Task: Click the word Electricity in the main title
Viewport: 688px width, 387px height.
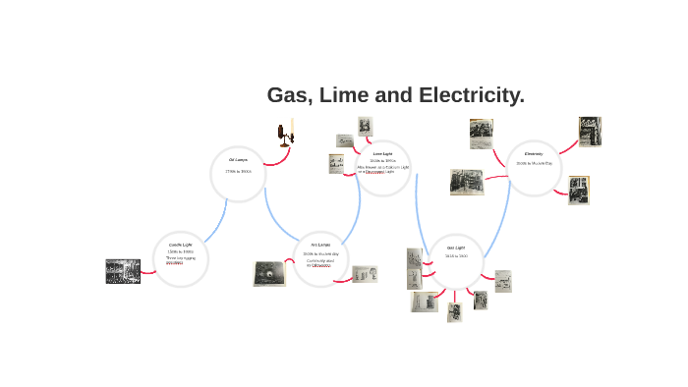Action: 471,95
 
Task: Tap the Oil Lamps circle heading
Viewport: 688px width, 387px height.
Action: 238,159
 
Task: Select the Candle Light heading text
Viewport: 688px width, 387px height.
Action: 181,244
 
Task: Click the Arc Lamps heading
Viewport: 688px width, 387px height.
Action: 320,244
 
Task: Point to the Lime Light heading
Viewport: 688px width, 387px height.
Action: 382,153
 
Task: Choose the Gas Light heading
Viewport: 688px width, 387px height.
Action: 456,248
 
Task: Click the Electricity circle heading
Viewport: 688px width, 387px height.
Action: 534,153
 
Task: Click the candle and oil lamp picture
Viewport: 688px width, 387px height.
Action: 286,134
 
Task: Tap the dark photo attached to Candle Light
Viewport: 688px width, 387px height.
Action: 123,271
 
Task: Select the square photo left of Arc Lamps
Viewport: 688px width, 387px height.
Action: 268,273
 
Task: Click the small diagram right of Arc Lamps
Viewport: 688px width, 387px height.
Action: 365,274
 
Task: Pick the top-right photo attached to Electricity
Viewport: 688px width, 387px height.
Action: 590,131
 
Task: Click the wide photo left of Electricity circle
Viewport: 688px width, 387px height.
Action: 467,182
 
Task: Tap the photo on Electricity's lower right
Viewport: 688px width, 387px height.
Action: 579,190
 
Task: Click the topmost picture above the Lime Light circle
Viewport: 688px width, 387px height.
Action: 366,126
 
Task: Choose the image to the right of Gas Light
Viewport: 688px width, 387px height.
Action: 502,281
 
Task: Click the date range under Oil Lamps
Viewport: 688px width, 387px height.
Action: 238,172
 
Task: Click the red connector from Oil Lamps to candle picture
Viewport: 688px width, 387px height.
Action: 275,160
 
